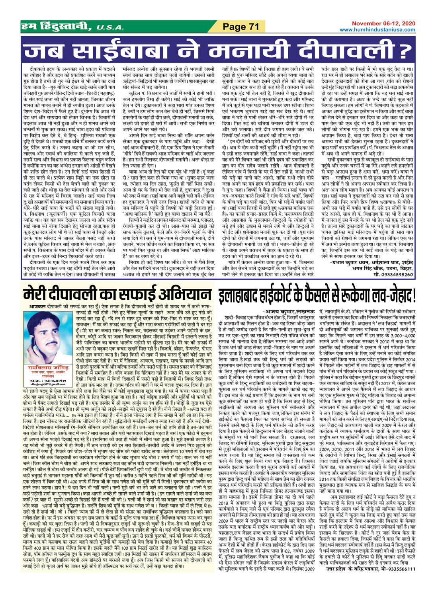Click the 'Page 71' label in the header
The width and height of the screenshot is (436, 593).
[240, 27]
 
